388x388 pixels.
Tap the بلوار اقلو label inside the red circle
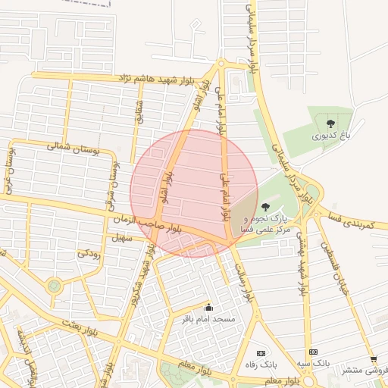point(166,187)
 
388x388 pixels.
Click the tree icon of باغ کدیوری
point(330,123)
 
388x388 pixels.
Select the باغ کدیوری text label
point(330,136)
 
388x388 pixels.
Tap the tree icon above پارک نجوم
point(264,207)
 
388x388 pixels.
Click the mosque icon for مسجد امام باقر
point(209,308)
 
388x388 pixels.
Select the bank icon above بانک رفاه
point(261,353)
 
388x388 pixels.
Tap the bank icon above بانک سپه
point(313,352)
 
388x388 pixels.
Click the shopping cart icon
point(373,359)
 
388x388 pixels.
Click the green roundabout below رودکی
point(54,286)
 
